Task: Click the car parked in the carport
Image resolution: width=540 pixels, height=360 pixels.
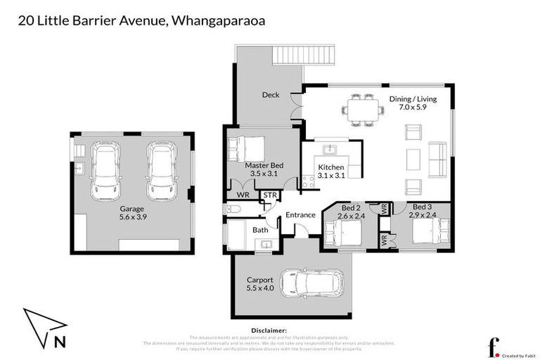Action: coord(312,283)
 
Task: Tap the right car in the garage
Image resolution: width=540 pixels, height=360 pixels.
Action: coord(161,171)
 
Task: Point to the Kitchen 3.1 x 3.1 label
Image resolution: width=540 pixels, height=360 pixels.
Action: coord(330,171)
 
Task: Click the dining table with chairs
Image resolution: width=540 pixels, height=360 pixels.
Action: coord(358,110)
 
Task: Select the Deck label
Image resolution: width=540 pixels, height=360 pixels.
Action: coord(271,95)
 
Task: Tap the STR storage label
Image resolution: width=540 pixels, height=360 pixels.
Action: coord(269,195)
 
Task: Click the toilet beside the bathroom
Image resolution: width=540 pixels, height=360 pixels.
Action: coord(233,208)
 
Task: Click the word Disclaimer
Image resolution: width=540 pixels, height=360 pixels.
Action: coord(269,330)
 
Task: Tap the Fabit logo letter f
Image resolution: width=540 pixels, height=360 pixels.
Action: coord(494,347)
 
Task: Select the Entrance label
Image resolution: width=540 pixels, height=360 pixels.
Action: coord(299,215)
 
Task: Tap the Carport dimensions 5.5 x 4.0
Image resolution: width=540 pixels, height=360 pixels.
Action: coord(259,288)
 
